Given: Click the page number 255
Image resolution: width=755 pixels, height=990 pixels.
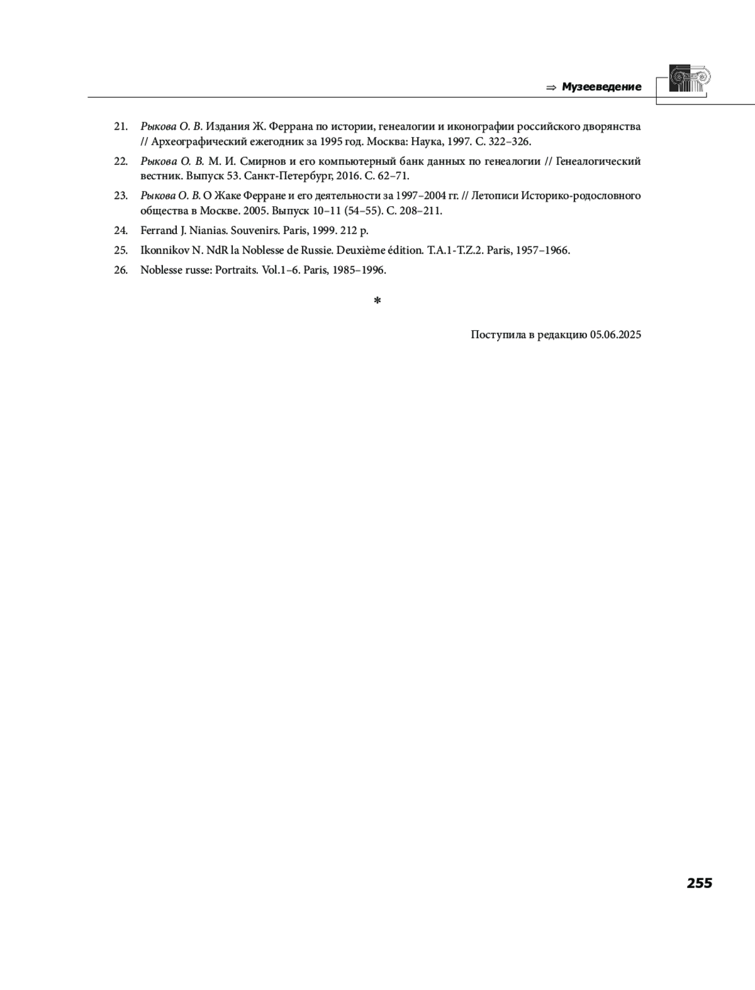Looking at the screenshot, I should [x=699, y=883].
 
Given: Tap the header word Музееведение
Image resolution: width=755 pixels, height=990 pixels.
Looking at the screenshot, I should [x=601, y=87].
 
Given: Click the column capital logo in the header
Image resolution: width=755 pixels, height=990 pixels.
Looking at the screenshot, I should [x=689, y=79].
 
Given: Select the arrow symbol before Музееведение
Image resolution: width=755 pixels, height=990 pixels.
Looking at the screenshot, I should [x=551, y=87].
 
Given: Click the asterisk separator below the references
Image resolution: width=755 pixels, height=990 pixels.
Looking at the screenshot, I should [x=377, y=301].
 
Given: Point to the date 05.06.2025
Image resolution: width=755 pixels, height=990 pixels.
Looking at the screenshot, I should [x=615, y=335].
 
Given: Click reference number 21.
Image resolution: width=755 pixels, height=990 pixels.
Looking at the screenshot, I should [x=121, y=126].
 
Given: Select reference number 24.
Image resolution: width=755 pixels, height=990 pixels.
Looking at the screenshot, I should [x=121, y=230].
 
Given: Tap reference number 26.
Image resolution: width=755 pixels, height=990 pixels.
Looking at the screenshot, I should [x=121, y=270].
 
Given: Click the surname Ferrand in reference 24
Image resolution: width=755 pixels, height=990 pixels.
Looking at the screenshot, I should [x=159, y=230].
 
